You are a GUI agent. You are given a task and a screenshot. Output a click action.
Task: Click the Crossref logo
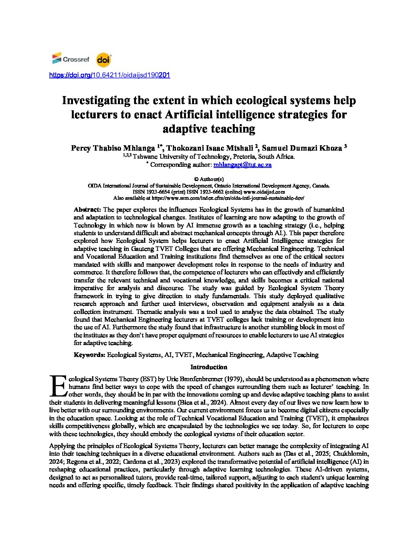(x=71, y=59)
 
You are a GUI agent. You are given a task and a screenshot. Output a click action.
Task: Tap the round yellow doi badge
(x=103, y=60)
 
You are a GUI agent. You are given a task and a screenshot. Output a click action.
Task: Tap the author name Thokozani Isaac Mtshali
(x=210, y=148)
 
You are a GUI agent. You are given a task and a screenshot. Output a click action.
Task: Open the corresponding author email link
(x=242, y=164)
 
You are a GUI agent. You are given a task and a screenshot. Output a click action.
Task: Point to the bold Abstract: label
(x=88, y=209)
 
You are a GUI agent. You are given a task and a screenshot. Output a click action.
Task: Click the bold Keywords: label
(x=90, y=355)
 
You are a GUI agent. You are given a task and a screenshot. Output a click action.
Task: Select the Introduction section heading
(x=209, y=367)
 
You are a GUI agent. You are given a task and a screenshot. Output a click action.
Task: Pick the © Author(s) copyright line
(x=209, y=179)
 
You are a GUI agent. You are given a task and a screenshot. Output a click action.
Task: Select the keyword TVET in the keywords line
(x=184, y=355)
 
